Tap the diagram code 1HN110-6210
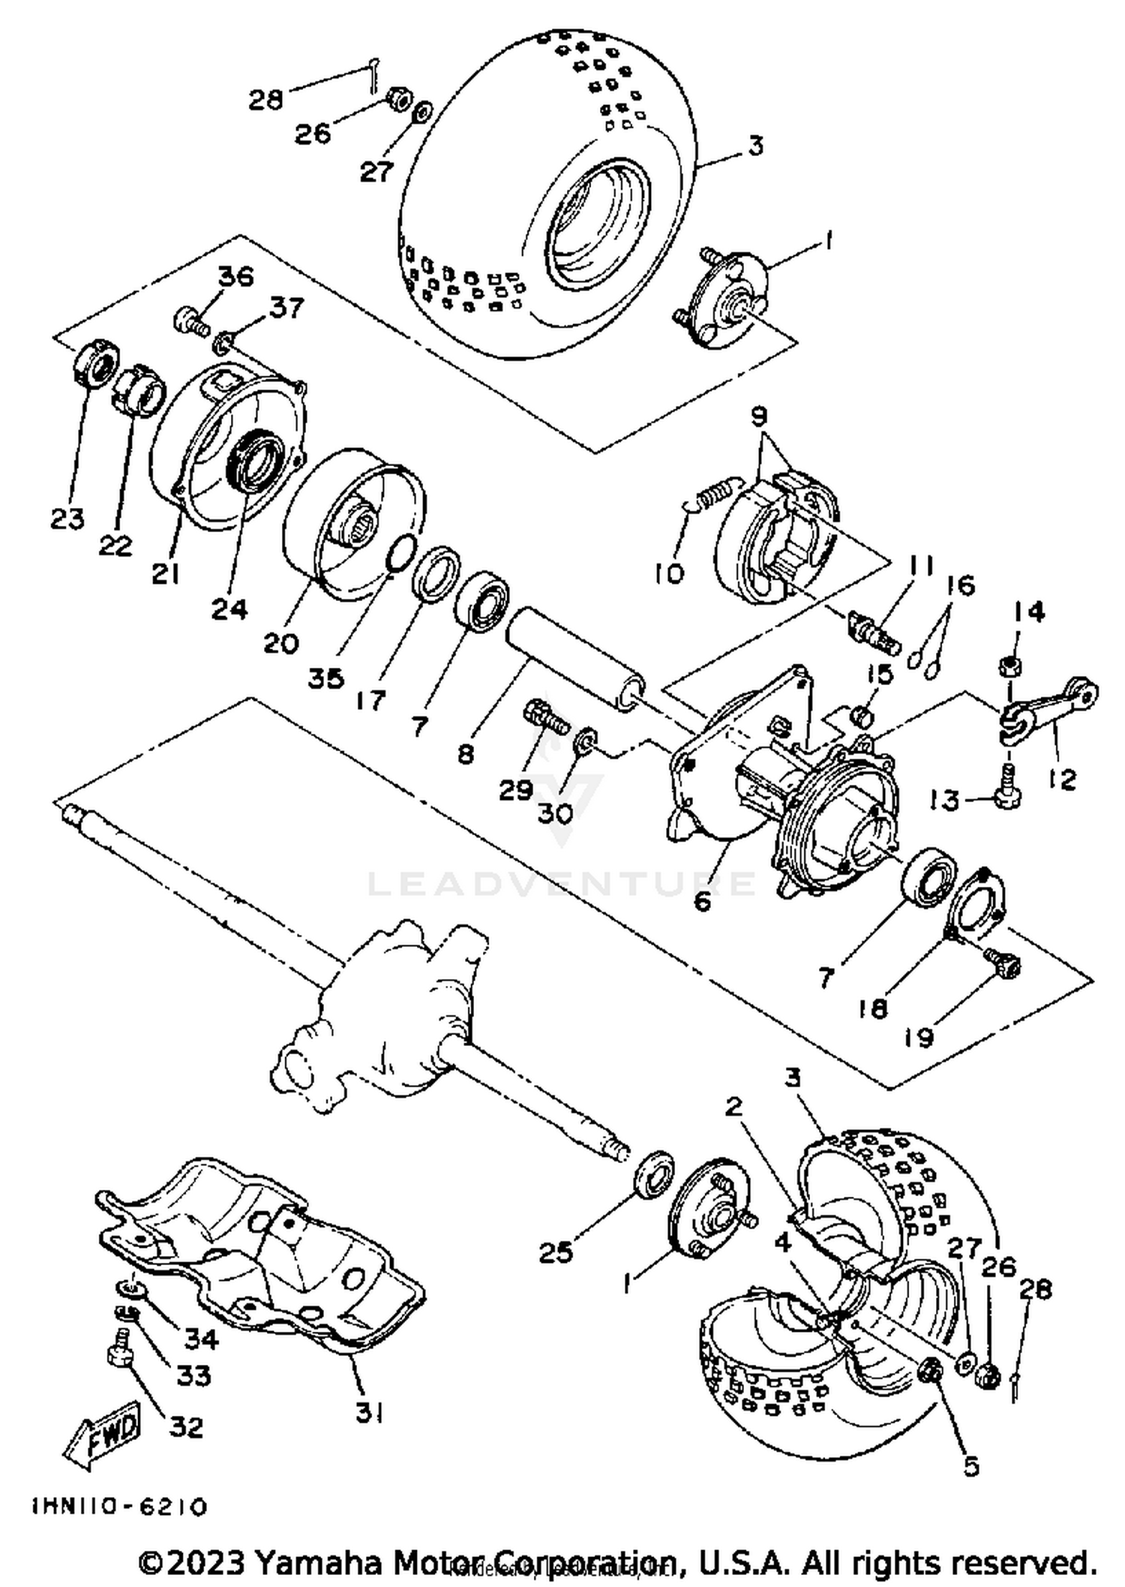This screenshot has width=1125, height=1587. click(119, 1507)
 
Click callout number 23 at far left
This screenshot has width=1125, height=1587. click(67, 518)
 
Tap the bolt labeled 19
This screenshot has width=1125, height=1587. click(1003, 964)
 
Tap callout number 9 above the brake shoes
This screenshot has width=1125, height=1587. click(759, 416)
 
